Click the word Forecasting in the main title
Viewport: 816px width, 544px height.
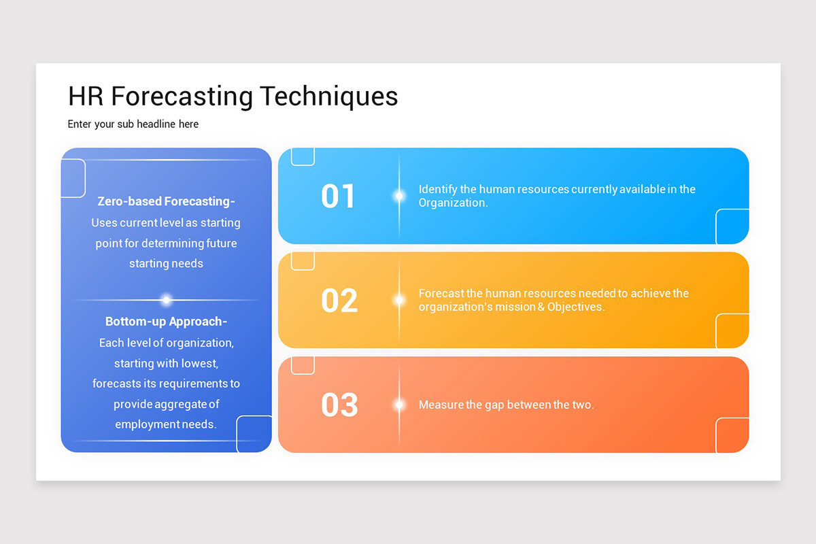point(182,97)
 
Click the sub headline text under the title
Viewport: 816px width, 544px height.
point(133,124)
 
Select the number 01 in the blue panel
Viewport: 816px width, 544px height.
point(338,196)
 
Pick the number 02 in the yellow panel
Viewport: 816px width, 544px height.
point(339,301)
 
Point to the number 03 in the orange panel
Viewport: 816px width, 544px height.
point(339,405)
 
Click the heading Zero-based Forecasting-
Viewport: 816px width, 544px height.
point(166,201)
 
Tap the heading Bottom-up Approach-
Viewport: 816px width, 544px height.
point(166,322)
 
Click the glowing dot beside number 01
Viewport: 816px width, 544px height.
point(399,196)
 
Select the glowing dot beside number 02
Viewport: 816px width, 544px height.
point(399,300)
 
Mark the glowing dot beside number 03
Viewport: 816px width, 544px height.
point(399,405)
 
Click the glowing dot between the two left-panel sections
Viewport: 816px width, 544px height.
point(166,300)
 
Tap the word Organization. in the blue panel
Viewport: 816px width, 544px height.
point(453,203)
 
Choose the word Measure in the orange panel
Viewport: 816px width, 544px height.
point(441,405)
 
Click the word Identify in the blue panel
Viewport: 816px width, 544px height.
point(438,189)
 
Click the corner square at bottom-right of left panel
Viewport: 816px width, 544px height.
point(254,434)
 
